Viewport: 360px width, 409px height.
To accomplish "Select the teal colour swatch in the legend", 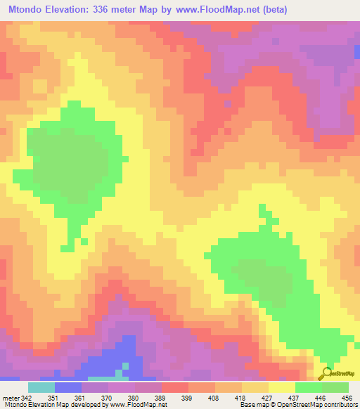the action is (x=41, y=387).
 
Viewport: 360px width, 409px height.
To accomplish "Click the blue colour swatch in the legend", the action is (x=68, y=387).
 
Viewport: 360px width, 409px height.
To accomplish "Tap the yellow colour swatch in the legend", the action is (x=282, y=387).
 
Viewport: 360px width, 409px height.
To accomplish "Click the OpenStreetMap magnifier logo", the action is (x=326, y=374).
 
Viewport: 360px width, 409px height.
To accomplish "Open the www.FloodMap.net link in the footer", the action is (x=139, y=405).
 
